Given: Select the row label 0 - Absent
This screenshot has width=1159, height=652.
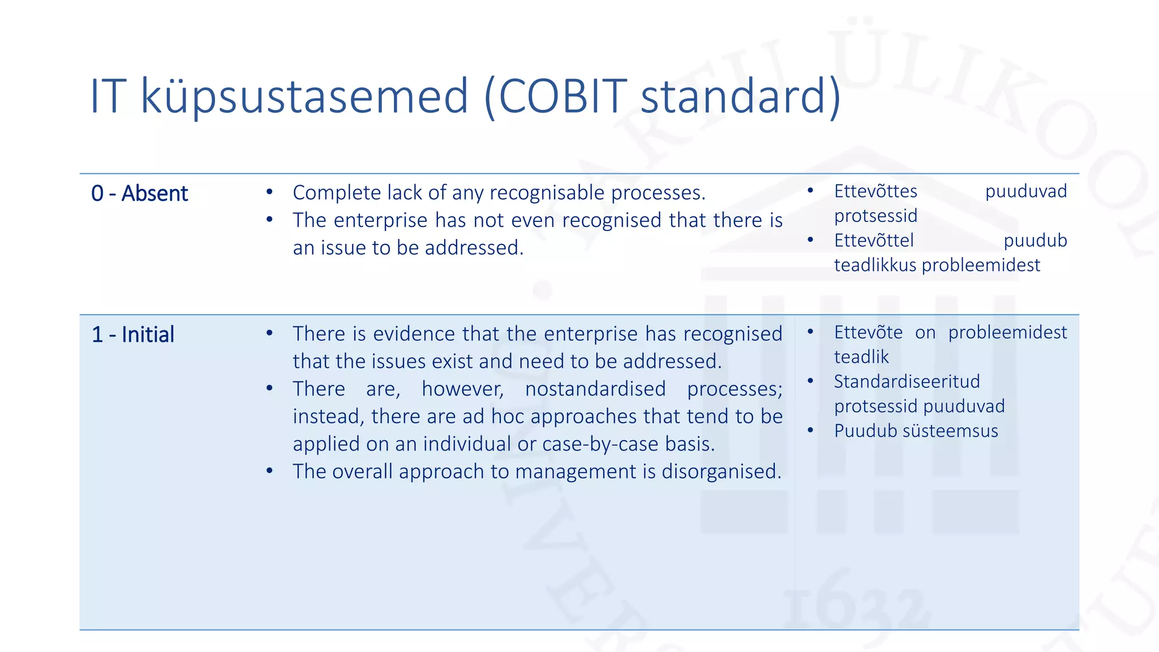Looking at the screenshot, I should coord(139,194).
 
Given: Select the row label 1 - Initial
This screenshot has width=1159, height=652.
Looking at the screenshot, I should coord(133,334).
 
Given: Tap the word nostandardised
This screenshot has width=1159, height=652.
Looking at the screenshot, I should coord(595,389).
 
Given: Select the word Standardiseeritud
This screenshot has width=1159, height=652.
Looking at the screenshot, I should coord(907,381).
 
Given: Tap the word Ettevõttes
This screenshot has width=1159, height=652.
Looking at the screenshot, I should coord(875,191).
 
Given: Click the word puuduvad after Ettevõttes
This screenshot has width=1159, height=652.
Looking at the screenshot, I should coord(1025,191).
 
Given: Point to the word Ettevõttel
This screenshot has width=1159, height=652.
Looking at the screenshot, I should coord(874,241).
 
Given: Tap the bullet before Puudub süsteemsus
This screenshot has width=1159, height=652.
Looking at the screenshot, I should coord(810,431).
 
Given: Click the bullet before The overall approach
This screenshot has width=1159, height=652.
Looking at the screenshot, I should coord(269,471).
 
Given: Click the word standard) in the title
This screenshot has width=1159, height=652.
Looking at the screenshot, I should coord(741,96).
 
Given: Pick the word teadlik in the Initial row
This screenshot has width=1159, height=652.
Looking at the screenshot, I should coord(861,357).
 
